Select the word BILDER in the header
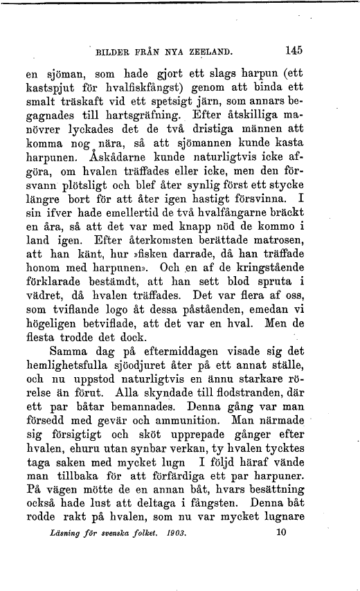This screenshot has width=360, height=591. pyautogui.click(x=114, y=51)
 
